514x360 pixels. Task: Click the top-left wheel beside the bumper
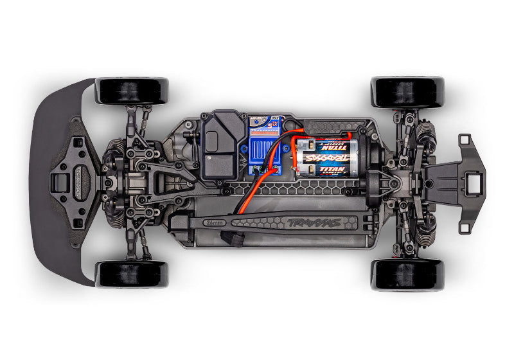coord(132,91)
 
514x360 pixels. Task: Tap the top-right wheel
coord(407,92)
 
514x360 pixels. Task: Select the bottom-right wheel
coord(407,274)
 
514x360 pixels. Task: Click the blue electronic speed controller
coord(267,146)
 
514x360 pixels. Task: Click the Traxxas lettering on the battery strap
coord(306,222)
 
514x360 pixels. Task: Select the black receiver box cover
coord(221,145)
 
